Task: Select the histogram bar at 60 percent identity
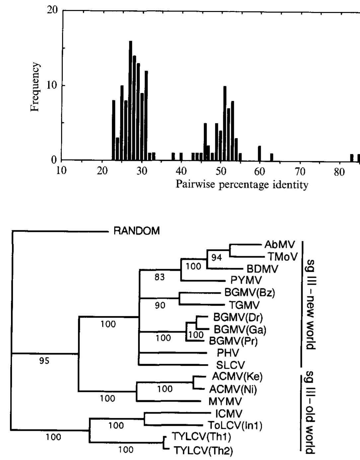(x=259, y=153)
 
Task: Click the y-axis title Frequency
(x=35, y=87)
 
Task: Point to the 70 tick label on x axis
(x=300, y=171)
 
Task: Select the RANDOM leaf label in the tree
(x=136, y=231)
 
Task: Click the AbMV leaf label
(x=279, y=245)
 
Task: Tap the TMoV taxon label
(x=282, y=257)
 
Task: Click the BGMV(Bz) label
(x=250, y=293)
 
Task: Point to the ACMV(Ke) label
(x=237, y=377)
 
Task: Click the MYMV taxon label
(x=225, y=401)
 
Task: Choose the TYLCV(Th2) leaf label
(x=203, y=450)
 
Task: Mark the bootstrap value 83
(x=159, y=277)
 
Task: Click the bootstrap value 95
(x=44, y=361)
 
